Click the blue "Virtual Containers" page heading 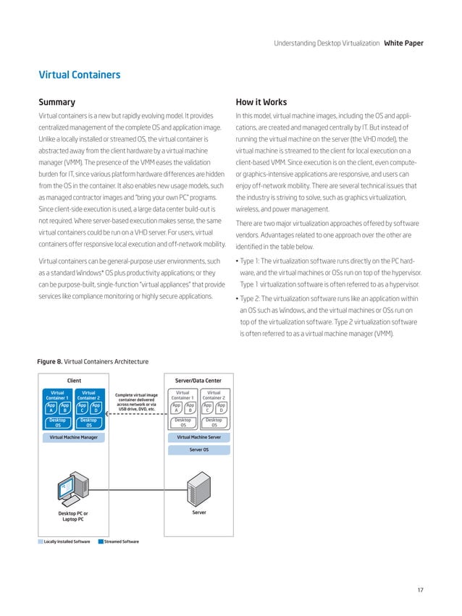click(x=79, y=75)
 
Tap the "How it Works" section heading click(x=262, y=102)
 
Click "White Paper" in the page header click(x=403, y=43)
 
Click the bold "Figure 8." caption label click(x=50, y=361)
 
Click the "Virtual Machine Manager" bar click(x=74, y=437)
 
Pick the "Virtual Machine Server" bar click(x=198, y=437)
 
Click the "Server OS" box click(x=199, y=450)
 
